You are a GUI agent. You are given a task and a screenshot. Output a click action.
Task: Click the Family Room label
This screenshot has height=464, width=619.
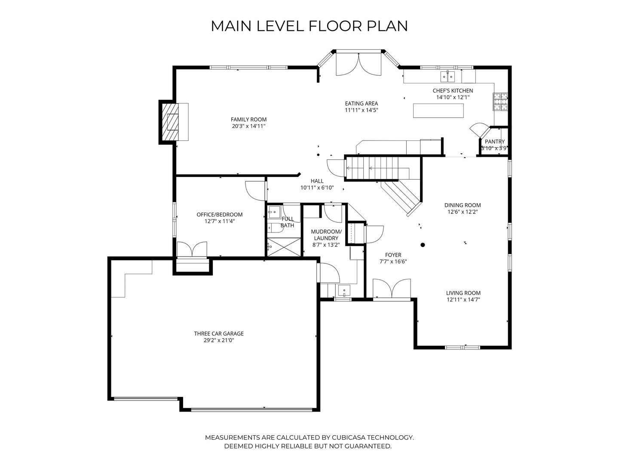248,119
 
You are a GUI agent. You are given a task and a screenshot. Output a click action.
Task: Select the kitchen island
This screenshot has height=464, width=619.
438,110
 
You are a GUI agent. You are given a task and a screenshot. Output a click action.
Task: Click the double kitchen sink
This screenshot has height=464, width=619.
448,76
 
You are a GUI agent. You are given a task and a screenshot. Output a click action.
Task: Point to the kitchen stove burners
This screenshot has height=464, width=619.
500,101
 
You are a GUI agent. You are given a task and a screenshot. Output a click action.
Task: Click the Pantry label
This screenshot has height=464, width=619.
495,142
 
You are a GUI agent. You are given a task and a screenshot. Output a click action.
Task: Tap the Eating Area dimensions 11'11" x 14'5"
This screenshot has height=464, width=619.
361,110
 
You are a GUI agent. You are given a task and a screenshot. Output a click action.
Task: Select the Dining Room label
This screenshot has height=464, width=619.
463,205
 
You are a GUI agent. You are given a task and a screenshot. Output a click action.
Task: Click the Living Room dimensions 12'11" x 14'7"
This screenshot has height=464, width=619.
463,300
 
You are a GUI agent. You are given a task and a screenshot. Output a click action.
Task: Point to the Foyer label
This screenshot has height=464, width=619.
393,255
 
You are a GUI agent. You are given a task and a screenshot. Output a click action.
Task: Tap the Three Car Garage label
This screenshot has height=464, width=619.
219,333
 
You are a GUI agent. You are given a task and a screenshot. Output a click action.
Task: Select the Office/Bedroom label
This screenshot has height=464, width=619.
220,214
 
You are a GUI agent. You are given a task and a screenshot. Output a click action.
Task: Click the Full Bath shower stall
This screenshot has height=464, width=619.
284,247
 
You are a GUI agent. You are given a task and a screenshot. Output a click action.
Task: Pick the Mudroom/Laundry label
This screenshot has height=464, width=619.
326,235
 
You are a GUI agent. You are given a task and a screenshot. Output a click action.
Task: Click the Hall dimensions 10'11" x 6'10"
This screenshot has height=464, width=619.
317,188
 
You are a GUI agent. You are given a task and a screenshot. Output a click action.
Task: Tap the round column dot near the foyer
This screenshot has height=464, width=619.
423,245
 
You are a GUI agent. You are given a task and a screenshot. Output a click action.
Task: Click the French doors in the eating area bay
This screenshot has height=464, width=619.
358,64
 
